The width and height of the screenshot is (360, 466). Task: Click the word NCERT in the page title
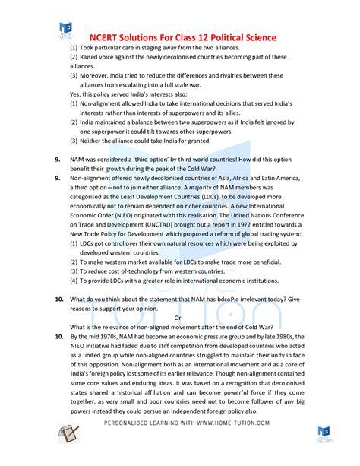(x=106, y=37)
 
